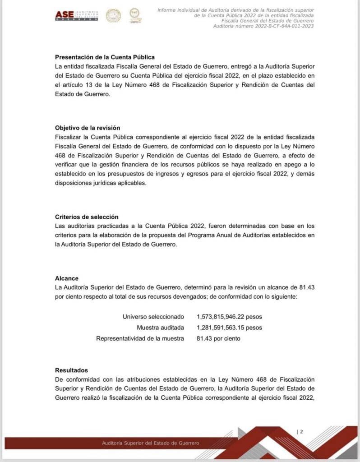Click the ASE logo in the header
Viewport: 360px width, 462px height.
pos(76,16)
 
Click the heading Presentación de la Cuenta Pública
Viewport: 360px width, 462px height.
pos(105,57)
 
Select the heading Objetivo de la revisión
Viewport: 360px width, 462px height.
pos(88,128)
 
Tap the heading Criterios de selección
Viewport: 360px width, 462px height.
pos(87,217)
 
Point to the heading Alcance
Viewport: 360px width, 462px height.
pos(67,279)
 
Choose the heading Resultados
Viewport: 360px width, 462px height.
pos(71,370)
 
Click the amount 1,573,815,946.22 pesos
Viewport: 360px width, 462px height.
pos(229,317)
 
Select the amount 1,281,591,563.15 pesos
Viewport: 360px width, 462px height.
pos(229,328)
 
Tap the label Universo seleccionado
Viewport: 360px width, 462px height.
pos(153,317)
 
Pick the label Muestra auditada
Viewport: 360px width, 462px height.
pos(160,328)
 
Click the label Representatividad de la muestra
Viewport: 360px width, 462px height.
pos(140,338)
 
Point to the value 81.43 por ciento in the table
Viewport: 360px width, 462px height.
pos(218,338)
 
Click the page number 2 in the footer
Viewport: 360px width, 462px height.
pos(301,432)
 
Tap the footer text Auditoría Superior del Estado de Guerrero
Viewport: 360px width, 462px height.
pos(150,443)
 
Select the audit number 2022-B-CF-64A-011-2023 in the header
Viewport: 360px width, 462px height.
pos(263,26)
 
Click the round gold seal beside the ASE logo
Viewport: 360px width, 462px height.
pos(113,16)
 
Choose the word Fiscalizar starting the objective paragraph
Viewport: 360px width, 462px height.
pos(69,137)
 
